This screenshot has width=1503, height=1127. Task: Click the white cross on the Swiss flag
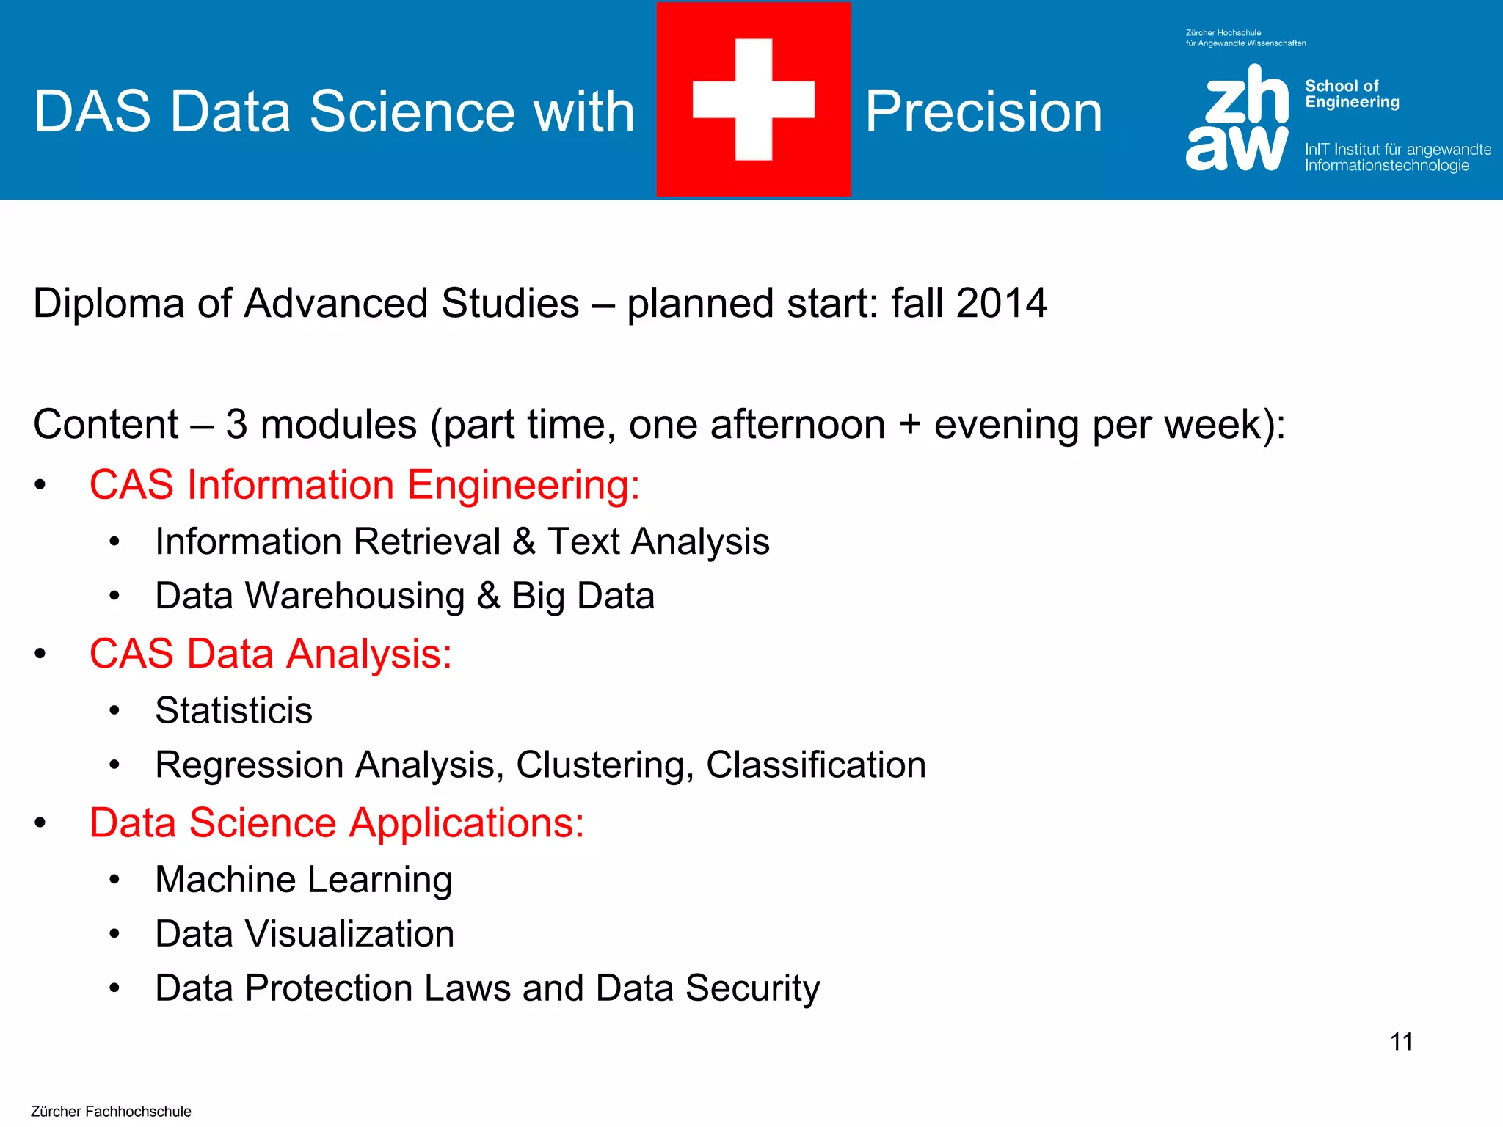pyautogui.click(x=754, y=99)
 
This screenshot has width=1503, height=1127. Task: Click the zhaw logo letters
pyautogui.click(x=1237, y=117)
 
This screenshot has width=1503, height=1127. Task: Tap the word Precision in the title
pyautogui.click(x=983, y=112)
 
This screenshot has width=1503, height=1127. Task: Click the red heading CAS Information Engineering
pyautogui.click(x=365, y=485)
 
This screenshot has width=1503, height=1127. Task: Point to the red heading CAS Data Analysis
pyautogui.click(x=270, y=654)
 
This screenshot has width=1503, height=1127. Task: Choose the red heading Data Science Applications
pyautogui.click(x=337, y=823)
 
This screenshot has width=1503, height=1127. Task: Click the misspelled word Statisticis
pyautogui.click(x=234, y=710)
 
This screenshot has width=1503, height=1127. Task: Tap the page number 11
pyautogui.click(x=1401, y=1042)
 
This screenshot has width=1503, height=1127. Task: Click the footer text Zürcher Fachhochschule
pyautogui.click(x=111, y=1112)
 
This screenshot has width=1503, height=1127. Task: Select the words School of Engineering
pyautogui.click(x=1352, y=94)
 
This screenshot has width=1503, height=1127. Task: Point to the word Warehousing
pyautogui.click(x=355, y=596)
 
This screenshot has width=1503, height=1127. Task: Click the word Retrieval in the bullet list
pyautogui.click(x=427, y=541)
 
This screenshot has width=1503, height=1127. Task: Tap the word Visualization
pyautogui.click(x=349, y=934)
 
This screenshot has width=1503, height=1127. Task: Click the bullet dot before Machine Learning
pyautogui.click(x=114, y=880)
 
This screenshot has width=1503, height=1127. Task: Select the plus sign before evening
pyautogui.click(x=909, y=425)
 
